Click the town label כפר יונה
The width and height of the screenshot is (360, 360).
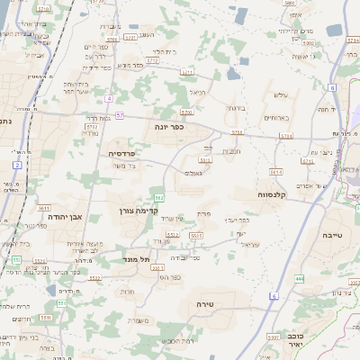(x=170, y=127)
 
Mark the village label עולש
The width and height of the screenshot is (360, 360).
(x=280, y=94)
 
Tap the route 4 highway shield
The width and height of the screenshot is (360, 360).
(x=109, y=98)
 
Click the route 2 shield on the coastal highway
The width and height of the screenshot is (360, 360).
(x=17, y=166)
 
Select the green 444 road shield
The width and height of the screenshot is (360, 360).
(x=300, y=280)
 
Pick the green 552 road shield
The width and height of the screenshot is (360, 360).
(x=158, y=197)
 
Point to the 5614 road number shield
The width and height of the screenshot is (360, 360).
(x=275, y=171)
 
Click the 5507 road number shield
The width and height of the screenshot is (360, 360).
(x=272, y=337)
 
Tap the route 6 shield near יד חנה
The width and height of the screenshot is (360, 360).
(x=332, y=87)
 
